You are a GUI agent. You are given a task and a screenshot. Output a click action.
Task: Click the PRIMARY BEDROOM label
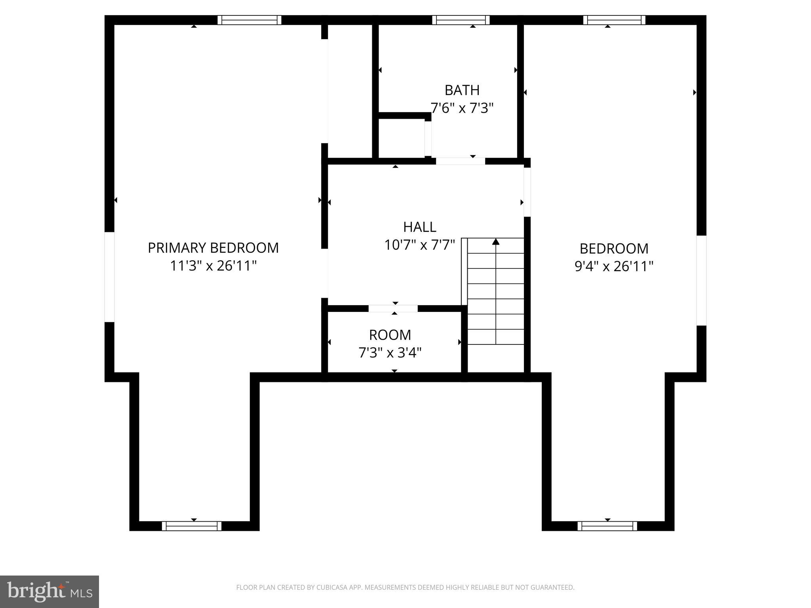coord(213,248)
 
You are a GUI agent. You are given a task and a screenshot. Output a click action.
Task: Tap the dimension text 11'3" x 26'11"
coord(213,266)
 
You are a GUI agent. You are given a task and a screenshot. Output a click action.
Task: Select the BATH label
coord(462,90)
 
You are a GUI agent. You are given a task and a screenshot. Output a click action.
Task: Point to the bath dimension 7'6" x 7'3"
coord(462,108)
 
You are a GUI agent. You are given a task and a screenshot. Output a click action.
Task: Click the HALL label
coord(419,227)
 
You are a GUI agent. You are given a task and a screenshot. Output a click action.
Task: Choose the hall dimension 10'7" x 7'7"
coord(419,245)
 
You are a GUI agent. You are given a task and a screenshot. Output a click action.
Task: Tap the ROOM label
coord(390,335)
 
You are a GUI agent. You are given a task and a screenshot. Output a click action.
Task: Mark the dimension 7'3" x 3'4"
coord(390,352)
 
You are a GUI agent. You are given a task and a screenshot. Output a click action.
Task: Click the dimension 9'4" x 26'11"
coord(613,266)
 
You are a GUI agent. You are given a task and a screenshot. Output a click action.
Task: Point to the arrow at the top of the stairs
coord(496,241)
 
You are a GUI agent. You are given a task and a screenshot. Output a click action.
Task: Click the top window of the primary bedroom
coord(249,20)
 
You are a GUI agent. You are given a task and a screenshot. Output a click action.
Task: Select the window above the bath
coord(461,20)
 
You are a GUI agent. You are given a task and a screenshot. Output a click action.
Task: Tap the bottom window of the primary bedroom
coord(192,526)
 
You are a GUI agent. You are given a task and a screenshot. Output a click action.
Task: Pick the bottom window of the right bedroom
coord(607,526)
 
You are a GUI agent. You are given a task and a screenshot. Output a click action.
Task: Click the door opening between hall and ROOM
coord(393,308)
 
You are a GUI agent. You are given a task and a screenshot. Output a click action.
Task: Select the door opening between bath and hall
coord(460,161)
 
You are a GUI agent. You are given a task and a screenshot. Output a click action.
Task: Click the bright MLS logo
coord(49,591)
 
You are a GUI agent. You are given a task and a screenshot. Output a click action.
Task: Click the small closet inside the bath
coord(402,138)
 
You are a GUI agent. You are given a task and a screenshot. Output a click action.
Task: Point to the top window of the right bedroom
coord(614,20)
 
